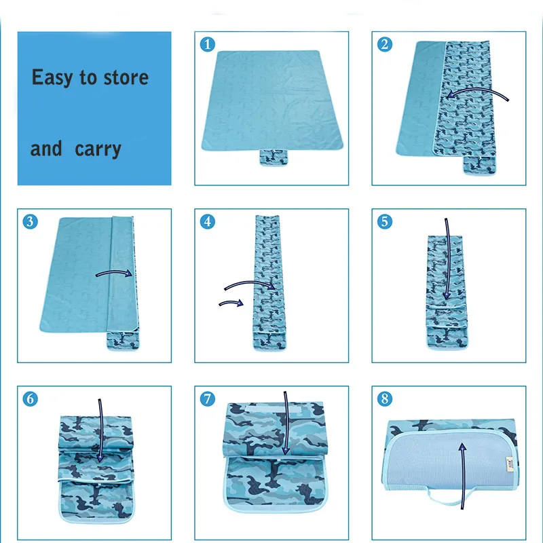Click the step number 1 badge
click(x=208, y=44)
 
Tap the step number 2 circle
click(x=385, y=44)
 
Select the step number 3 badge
click(x=30, y=222)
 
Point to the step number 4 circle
click(x=208, y=222)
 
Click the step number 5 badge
click(x=385, y=222)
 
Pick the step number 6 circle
click(x=30, y=399)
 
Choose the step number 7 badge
click(x=208, y=399)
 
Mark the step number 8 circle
click(x=385, y=399)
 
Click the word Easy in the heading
click(x=52, y=78)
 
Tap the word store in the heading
click(x=126, y=77)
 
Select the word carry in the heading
click(x=98, y=149)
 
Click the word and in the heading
click(x=46, y=149)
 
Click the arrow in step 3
click(x=114, y=271)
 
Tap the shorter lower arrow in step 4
click(x=231, y=302)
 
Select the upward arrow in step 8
click(x=463, y=476)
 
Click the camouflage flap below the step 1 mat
click(x=274, y=157)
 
